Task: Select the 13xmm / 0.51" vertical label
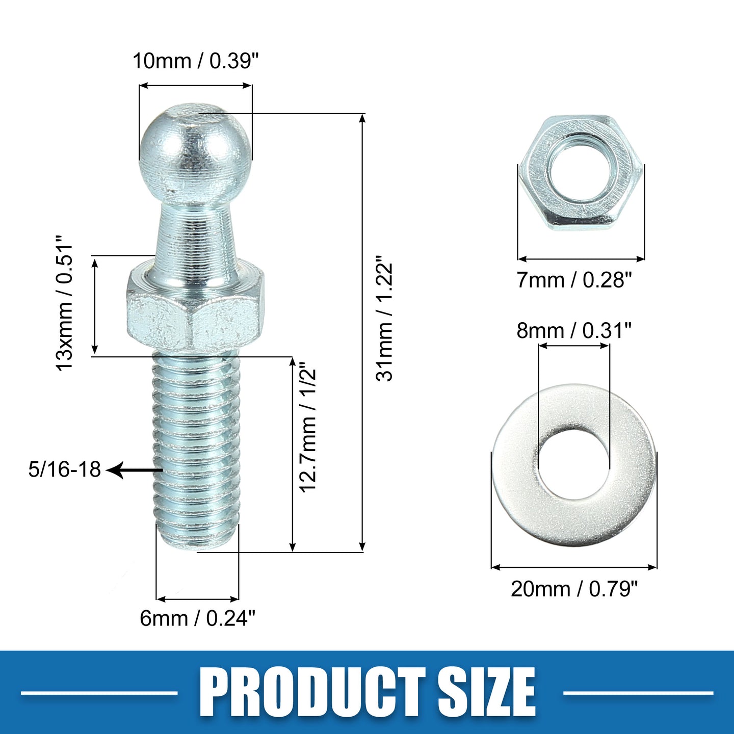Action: pyautogui.click(x=64, y=303)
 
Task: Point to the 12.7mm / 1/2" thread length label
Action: pyautogui.click(x=308, y=430)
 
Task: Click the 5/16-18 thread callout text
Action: pyautogui.click(x=64, y=469)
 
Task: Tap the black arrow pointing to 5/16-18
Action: pyautogui.click(x=134, y=470)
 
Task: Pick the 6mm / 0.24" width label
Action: pyautogui.click(x=197, y=618)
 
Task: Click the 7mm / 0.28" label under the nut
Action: pyautogui.click(x=574, y=280)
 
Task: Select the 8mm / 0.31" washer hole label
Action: pyautogui.click(x=574, y=331)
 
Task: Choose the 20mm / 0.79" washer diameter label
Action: pyautogui.click(x=574, y=589)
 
